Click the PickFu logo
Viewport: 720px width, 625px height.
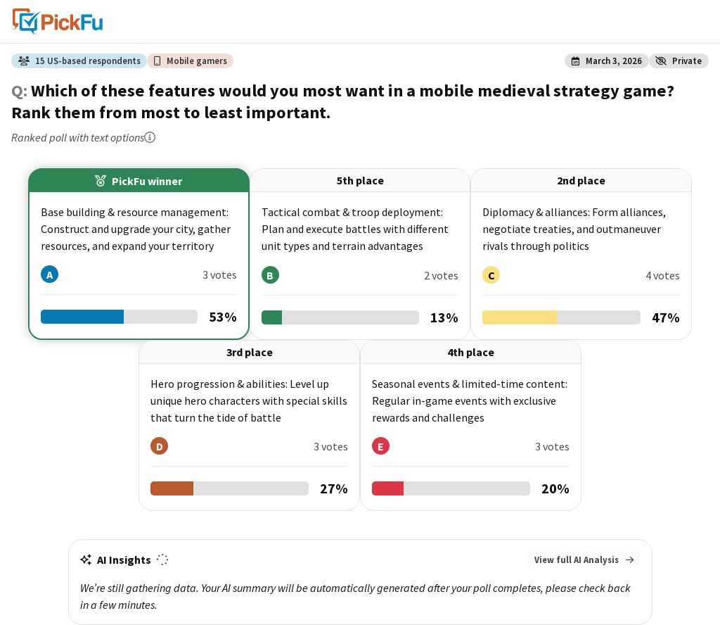[58, 22]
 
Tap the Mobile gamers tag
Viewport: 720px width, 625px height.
[190, 61]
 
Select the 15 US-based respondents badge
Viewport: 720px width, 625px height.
[79, 61]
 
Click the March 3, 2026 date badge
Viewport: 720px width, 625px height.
[606, 61]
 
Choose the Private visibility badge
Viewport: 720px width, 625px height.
[679, 61]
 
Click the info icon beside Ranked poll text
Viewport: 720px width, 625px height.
[150, 137]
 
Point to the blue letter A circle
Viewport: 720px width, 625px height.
[50, 274]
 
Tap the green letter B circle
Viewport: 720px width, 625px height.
[270, 275]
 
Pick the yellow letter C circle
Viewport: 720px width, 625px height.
[491, 275]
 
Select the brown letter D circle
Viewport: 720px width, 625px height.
[160, 446]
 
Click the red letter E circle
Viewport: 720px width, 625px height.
[380, 446]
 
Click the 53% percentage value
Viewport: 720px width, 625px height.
[223, 317]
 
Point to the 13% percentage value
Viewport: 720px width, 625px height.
[444, 317]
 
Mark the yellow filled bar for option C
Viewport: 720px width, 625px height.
[520, 317]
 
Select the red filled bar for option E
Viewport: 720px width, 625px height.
[387, 488]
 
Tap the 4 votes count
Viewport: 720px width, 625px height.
[662, 276]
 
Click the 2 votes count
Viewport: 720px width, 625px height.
[441, 276]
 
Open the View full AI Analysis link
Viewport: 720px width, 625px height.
[584, 560]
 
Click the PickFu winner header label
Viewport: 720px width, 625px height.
[139, 181]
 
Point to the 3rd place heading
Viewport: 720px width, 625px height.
[250, 353]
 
